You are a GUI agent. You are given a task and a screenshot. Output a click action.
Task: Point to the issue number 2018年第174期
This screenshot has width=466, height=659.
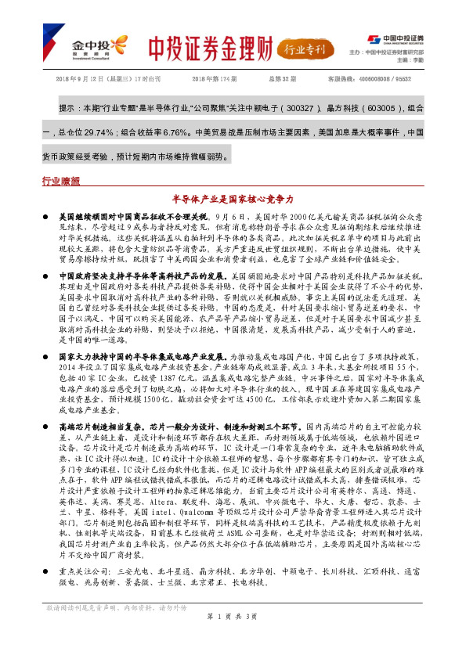[x=213, y=80]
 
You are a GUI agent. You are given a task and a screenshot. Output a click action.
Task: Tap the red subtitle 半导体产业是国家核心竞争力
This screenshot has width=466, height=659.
[x=233, y=200]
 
